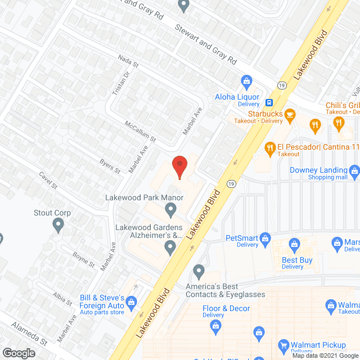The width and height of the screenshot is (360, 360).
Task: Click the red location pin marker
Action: [x=179, y=166]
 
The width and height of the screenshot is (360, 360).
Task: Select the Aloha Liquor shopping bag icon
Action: [x=245, y=80]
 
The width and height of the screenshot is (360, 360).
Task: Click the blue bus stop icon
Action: [x=270, y=103]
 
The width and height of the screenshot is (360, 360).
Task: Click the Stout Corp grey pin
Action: [x=57, y=226]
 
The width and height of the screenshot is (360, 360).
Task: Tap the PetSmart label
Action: [x=241, y=238]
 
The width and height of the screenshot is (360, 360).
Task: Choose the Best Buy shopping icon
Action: [x=294, y=244]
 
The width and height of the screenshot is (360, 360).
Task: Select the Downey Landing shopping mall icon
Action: [x=354, y=170]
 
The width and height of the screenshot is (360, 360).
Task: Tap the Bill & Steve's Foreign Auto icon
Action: [x=132, y=302]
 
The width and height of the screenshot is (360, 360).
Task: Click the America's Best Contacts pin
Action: [x=198, y=272]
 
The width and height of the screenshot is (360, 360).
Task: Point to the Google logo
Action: [x=18, y=353]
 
